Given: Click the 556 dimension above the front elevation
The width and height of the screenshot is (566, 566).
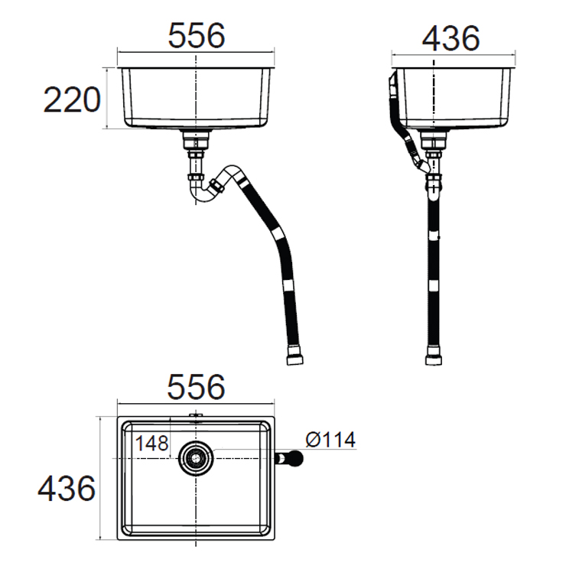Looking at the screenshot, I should (196, 36).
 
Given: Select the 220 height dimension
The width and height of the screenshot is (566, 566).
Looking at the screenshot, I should (73, 99).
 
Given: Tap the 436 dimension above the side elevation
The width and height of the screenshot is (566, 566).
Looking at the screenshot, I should (451, 38).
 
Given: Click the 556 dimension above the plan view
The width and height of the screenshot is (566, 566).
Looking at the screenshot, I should (196, 387).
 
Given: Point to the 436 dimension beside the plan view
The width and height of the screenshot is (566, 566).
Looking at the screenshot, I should (67, 488).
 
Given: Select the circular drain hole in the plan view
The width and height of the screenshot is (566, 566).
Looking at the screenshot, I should (196, 459).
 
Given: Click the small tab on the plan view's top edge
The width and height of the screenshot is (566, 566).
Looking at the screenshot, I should (196, 416).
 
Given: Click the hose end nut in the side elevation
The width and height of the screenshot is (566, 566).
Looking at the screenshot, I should (433, 358).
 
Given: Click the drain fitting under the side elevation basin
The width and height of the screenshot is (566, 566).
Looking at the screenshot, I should (433, 141).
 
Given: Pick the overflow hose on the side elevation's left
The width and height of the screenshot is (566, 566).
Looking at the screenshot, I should (397, 115).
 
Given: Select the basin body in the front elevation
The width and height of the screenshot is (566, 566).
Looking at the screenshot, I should (196, 98).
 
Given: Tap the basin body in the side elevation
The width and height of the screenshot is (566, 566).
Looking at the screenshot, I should (453, 98).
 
